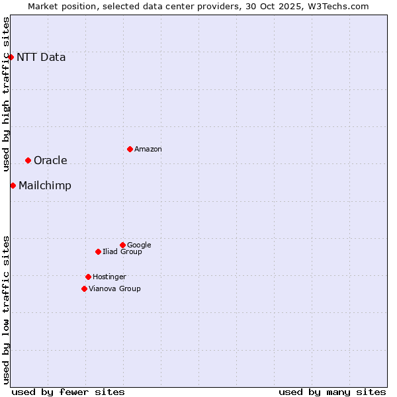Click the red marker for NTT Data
click(11, 57)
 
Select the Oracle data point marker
click(28, 160)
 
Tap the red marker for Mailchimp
click(13, 185)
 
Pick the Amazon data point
click(130, 149)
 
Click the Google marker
click(122, 245)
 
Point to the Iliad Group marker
click(98, 251)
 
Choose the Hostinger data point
click(88, 277)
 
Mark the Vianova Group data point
click(84, 288)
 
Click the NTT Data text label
click(41, 57)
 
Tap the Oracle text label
click(50, 160)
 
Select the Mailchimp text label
click(45, 185)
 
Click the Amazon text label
click(148, 150)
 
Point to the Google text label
click(139, 245)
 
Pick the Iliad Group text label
click(122, 252)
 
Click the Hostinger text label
click(109, 277)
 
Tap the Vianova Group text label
click(114, 289)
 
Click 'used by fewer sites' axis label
click(68, 392)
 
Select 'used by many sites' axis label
click(332, 392)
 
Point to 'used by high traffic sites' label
click(6, 94)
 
